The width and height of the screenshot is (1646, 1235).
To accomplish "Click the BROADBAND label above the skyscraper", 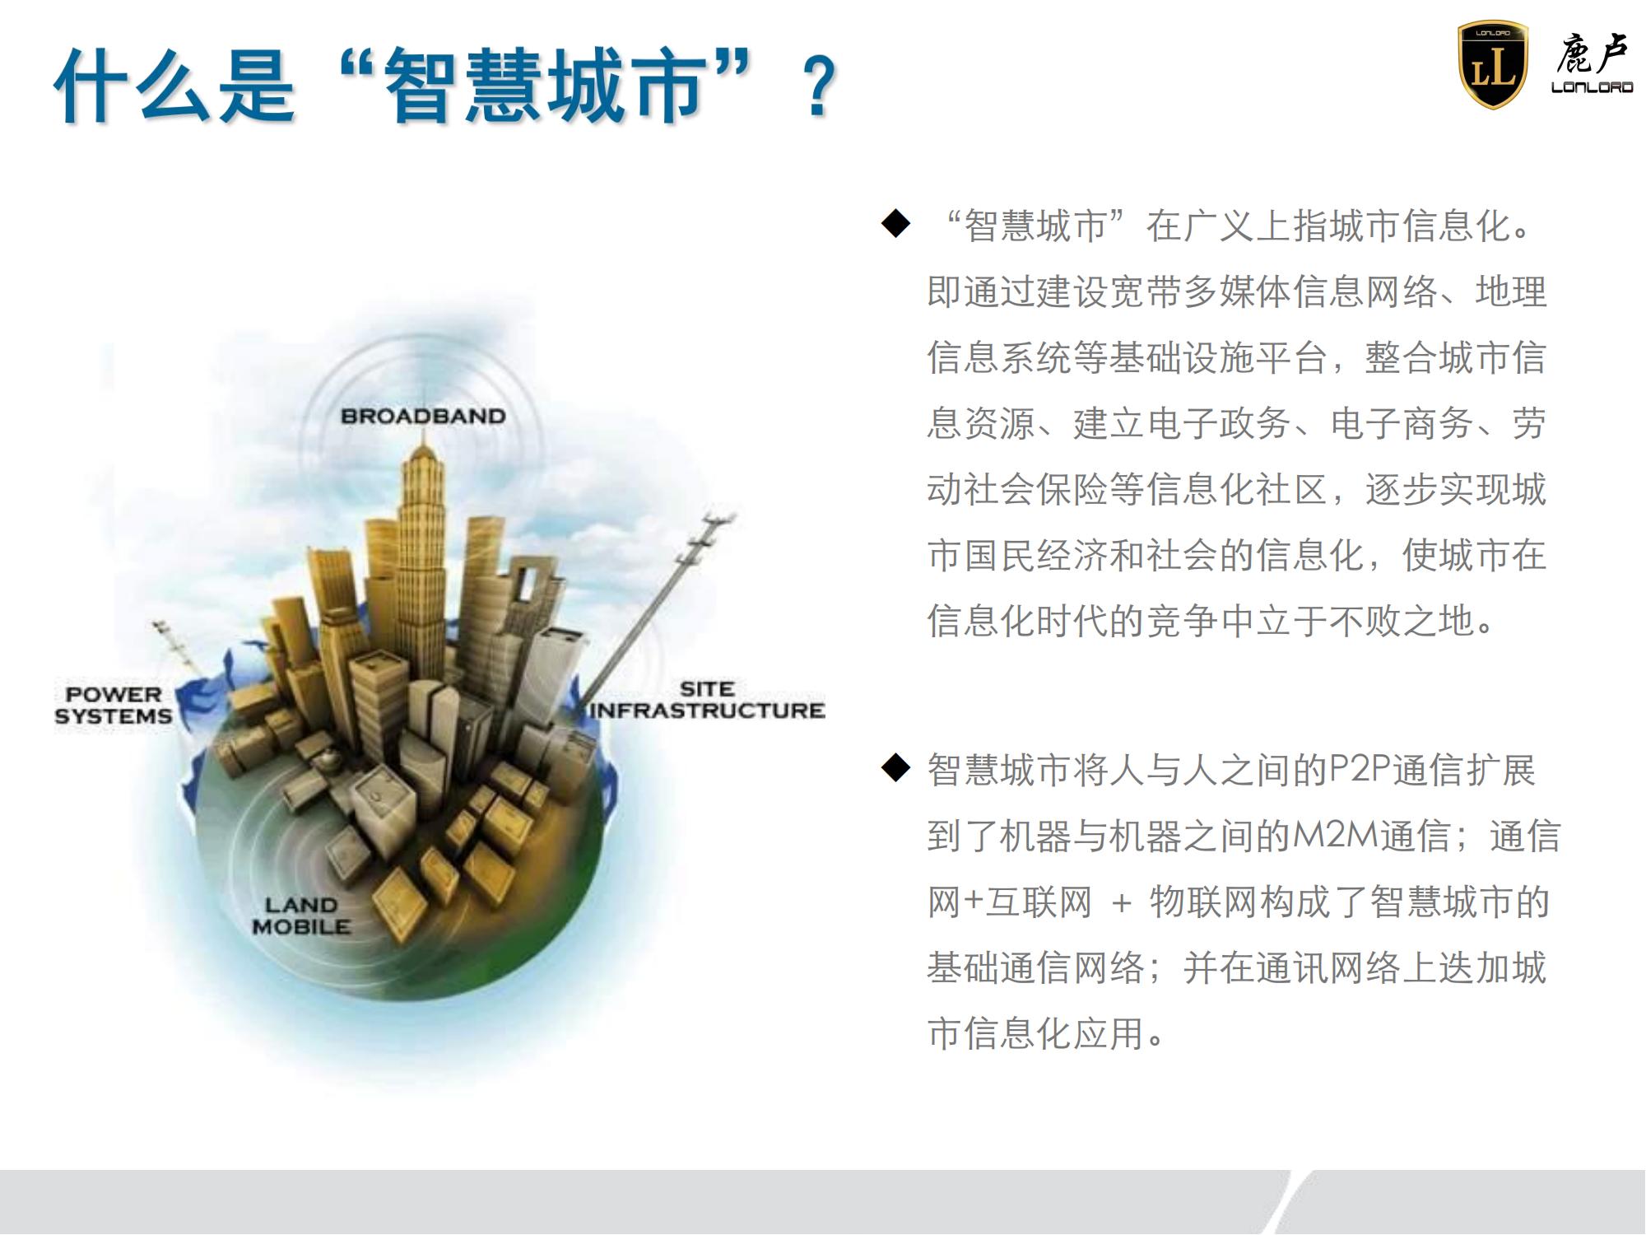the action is coord(423,416).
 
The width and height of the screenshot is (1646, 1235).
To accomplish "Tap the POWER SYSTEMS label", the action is coord(114,706).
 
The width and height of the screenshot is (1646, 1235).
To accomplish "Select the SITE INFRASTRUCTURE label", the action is coord(708,700).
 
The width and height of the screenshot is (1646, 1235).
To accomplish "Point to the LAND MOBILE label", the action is coord(301,916).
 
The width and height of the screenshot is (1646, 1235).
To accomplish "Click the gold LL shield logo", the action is coord(1492,65).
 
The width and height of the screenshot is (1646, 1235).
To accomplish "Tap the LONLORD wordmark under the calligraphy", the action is coord(1592,87).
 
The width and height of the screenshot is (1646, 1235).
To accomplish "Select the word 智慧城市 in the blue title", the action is coord(546,86).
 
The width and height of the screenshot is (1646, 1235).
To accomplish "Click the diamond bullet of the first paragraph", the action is coord(895,223).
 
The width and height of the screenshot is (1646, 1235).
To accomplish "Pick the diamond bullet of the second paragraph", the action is coord(895,767).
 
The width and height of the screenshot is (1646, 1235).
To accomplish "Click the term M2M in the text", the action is coord(1335,836).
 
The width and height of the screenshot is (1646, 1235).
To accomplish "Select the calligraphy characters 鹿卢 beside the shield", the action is coord(1592,54).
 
